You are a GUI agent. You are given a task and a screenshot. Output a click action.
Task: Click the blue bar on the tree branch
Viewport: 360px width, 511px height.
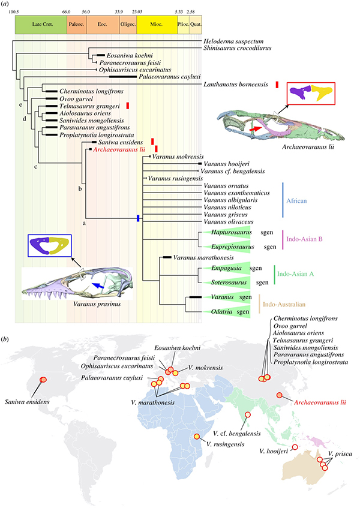point(139,218)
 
